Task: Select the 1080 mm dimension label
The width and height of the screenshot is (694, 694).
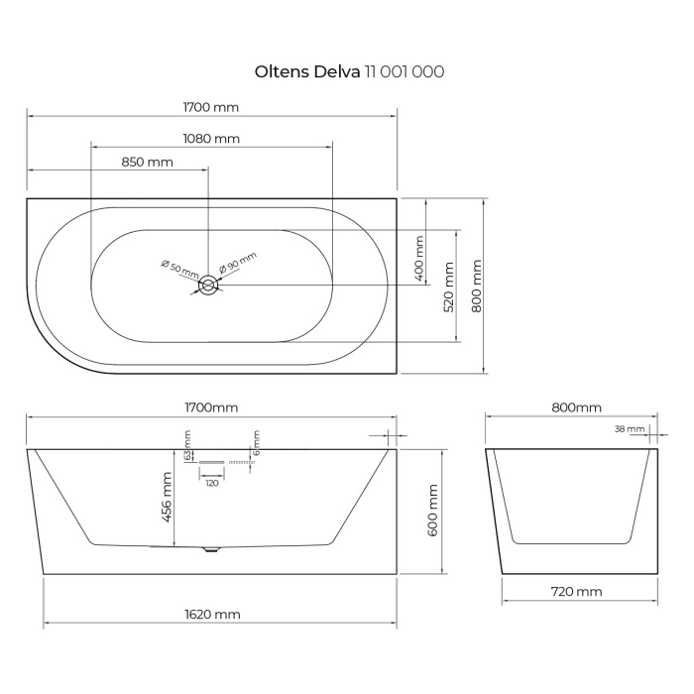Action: [210, 139]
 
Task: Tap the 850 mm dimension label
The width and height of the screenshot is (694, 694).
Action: [147, 162]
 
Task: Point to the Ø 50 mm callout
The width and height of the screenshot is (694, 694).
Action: [179, 268]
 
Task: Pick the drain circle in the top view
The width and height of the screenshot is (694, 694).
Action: [209, 287]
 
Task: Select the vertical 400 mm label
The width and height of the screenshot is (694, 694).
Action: [419, 256]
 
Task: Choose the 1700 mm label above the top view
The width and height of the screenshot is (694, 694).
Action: [210, 107]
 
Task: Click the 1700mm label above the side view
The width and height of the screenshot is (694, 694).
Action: [210, 407]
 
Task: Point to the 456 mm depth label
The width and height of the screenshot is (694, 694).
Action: [168, 496]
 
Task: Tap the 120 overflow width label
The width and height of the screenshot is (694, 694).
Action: [211, 483]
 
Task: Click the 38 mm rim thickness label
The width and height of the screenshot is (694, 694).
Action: [629, 429]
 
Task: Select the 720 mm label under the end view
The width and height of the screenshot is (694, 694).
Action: [574, 592]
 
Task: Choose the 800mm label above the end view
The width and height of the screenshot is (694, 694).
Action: [574, 407]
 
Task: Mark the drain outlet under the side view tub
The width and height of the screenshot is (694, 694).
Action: [209, 549]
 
